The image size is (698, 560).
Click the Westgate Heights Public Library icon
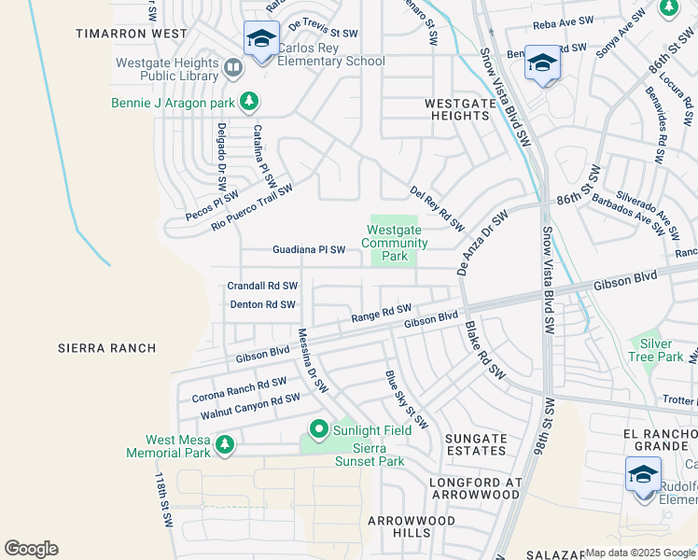(232, 66)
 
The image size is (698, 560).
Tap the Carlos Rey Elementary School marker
(261, 40)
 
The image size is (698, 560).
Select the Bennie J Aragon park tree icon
(248, 101)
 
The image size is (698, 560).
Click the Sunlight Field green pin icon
(318, 430)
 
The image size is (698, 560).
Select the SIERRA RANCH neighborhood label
(106, 348)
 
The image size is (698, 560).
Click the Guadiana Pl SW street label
(309, 250)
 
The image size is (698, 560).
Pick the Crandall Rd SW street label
(262, 286)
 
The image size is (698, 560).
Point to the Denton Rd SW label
(262, 304)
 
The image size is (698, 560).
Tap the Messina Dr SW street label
(314, 358)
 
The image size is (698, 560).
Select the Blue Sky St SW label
(406, 399)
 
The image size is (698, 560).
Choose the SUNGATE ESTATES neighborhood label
(476, 445)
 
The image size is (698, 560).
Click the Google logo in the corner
(31, 549)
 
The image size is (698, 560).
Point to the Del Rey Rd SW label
(437, 207)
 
